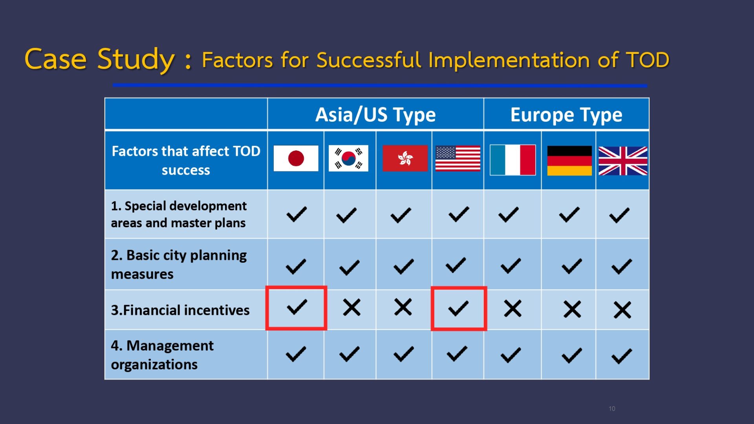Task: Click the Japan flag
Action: pyautogui.click(x=296, y=158)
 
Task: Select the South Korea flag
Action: pyautogui.click(x=348, y=158)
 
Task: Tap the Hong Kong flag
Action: pyautogui.click(x=405, y=158)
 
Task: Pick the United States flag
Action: pyautogui.click(x=458, y=158)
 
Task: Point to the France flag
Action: pyautogui.click(x=512, y=160)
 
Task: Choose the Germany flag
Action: pyautogui.click(x=569, y=161)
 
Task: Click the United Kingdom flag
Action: pyautogui.click(x=623, y=161)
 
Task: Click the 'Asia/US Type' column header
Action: pyautogui.click(x=375, y=115)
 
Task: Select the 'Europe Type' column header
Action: pyautogui.click(x=566, y=115)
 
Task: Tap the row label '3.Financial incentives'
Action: pyautogui.click(x=180, y=310)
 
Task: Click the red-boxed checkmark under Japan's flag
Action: pyautogui.click(x=297, y=307)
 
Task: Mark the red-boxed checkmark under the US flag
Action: pyautogui.click(x=458, y=308)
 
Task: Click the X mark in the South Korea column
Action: pyautogui.click(x=351, y=307)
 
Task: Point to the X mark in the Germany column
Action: pyautogui.click(x=572, y=309)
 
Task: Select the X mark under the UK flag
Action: pyautogui.click(x=622, y=310)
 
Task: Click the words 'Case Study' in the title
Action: pyautogui.click(x=99, y=59)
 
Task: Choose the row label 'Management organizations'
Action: pyautogui.click(x=162, y=355)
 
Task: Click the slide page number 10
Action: pyautogui.click(x=612, y=409)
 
